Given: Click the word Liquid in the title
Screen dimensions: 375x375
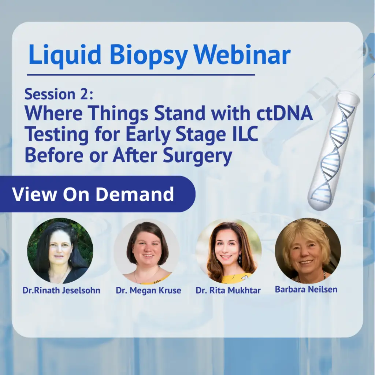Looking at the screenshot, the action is tap(65, 56).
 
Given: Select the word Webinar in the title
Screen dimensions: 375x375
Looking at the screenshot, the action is tap(242, 55).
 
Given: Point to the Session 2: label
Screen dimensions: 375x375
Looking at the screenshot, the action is tap(59, 94).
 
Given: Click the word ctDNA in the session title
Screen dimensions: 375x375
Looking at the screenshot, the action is tap(285, 113).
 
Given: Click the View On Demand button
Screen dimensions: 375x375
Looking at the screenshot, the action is tap(97, 194).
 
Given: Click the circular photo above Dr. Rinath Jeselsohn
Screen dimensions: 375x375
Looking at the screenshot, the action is tap(60, 250).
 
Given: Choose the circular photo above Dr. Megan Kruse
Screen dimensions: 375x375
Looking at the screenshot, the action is tap(146, 252).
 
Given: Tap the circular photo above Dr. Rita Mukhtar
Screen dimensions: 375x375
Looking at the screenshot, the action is tap(229, 252).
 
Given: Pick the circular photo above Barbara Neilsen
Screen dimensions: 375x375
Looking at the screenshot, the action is tap(308, 250).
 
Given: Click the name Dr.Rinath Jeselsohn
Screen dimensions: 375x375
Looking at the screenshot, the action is tap(61, 290).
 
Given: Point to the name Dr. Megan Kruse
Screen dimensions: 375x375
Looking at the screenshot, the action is tap(148, 290).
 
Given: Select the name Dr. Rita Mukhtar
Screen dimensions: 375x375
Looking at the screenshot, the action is tap(228, 290).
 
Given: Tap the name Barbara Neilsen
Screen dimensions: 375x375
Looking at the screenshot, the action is tap(306, 289).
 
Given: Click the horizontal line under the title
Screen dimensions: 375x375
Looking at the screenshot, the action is tap(141, 75).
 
